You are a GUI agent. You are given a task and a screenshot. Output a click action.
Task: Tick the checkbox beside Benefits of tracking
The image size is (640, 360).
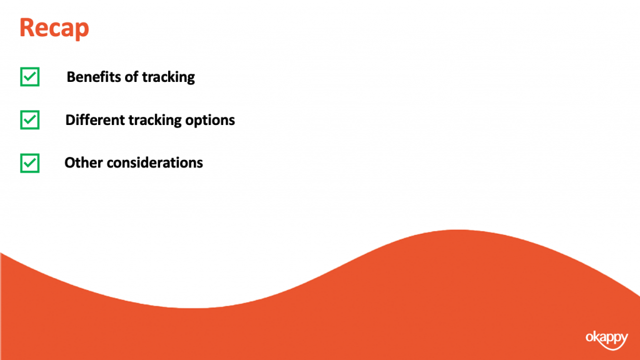30,77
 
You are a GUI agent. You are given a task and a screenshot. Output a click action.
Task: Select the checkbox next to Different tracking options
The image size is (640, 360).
30,120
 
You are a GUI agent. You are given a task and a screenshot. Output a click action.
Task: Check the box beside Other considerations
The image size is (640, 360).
30,163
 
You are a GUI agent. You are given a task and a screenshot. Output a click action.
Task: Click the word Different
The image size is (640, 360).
95,119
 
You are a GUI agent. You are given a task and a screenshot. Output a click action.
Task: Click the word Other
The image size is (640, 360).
84,162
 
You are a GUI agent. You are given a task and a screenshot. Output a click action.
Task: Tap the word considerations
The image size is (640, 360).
155,162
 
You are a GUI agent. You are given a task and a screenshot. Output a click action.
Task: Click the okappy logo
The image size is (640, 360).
607,340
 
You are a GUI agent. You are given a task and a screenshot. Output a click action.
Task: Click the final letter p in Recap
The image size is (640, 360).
82,31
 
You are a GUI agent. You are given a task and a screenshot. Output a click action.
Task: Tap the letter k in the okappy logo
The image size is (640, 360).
596,337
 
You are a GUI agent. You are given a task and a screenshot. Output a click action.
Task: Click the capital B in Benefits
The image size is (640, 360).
71,77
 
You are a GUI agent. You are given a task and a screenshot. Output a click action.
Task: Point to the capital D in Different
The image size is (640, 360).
70,119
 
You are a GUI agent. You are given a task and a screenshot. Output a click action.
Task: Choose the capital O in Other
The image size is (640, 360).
70,162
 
